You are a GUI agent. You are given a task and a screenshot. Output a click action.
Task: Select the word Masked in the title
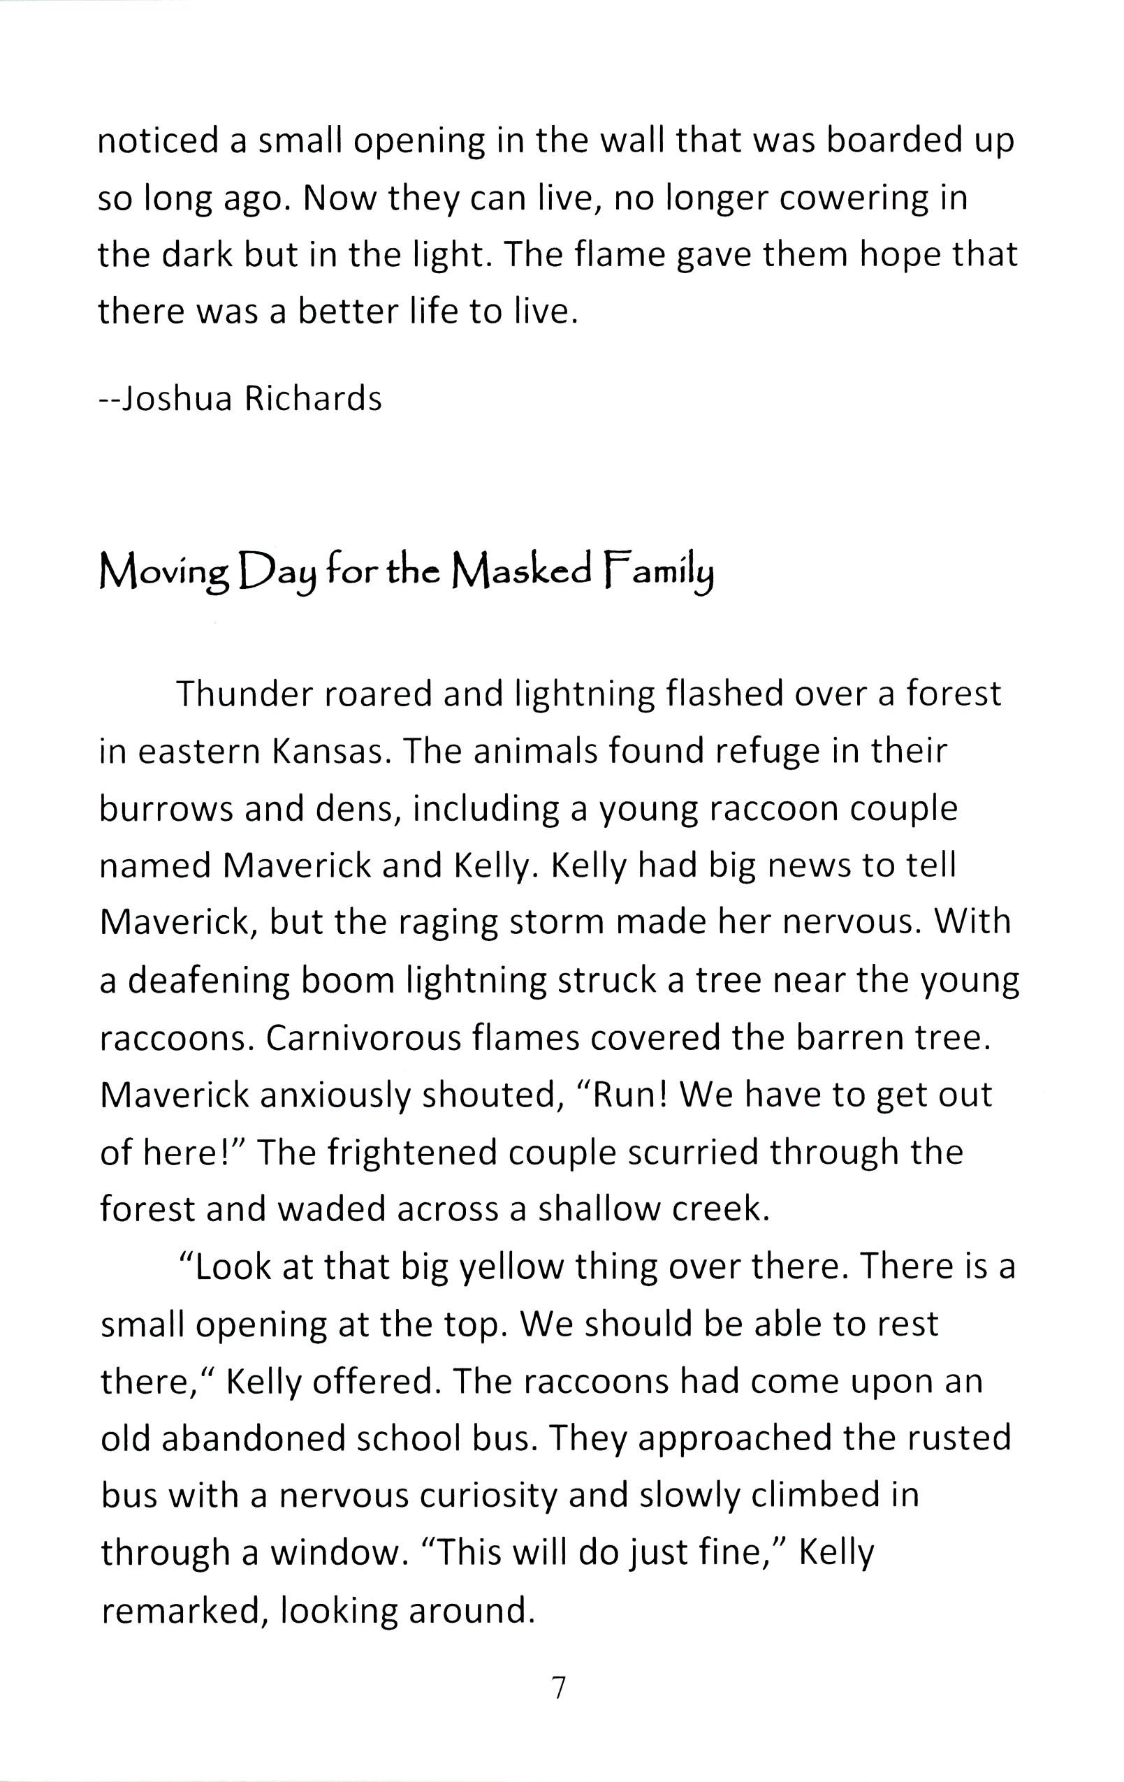(522, 570)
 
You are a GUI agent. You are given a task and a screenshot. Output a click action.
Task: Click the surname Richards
(313, 398)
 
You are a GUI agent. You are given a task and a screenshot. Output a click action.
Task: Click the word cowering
(850, 198)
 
